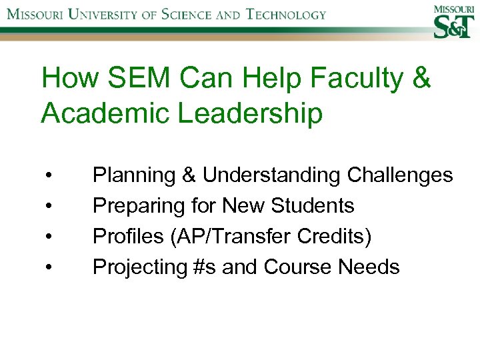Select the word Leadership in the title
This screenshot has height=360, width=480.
coord(252,113)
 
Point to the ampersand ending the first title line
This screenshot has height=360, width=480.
coord(422,79)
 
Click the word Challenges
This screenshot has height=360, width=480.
coord(400,175)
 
